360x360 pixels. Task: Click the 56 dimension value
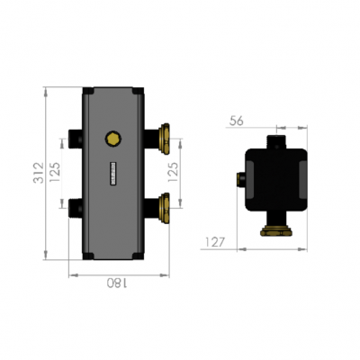pyautogui.click(x=237, y=119)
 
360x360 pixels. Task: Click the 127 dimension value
pyautogui.click(x=214, y=242)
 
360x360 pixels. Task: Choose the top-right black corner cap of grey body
pyautogui.click(x=139, y=92)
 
